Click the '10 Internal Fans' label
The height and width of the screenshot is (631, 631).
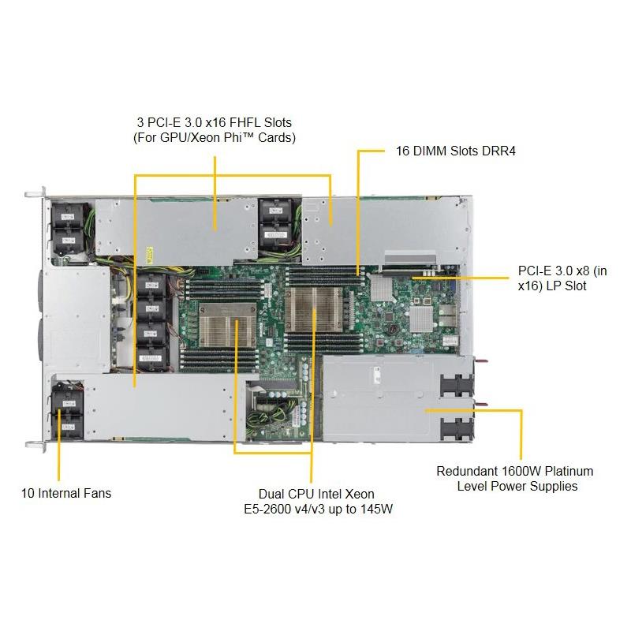66,493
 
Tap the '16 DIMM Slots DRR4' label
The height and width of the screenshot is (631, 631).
456,151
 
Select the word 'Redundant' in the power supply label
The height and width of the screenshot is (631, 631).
467,471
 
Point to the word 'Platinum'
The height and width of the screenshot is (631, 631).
569,471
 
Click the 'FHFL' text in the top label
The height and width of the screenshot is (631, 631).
242,122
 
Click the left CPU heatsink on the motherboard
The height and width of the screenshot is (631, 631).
227,326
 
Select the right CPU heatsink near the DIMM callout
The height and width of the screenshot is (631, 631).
313,310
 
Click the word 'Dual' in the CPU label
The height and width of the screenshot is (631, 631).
271,494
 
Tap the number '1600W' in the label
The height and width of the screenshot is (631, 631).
521,471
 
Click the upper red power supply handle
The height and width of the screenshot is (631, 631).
481,361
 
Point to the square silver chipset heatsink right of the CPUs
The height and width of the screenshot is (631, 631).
421,319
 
